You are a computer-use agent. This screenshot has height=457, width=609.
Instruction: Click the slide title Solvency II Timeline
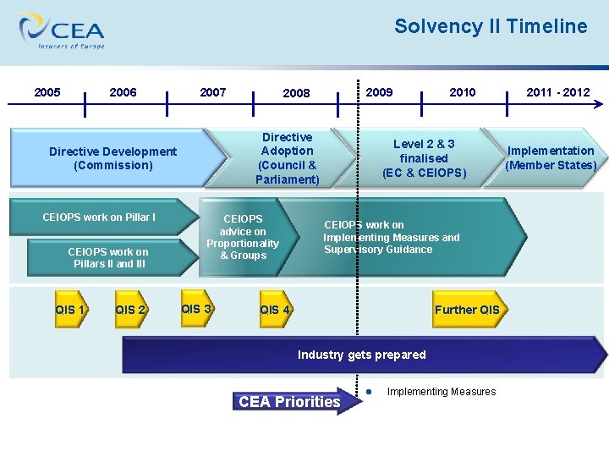tap(491, 26)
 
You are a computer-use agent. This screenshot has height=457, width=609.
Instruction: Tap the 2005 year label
tap(47, 92)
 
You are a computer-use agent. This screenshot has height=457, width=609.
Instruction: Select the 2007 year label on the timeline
tap(213, 92)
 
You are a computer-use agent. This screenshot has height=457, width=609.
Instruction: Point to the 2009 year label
tap(379, 92)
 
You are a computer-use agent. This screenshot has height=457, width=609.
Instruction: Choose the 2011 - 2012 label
tap(558, 92)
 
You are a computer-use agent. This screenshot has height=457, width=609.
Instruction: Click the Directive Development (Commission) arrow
tap(113, 158)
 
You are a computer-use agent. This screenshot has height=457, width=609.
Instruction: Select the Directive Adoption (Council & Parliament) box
tap(288, 158)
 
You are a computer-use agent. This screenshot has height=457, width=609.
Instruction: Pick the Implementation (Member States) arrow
tap(551, 157)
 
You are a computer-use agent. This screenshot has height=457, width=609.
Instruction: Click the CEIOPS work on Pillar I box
tap(100, 217)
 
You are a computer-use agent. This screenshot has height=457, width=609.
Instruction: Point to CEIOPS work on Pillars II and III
tap(108, 258)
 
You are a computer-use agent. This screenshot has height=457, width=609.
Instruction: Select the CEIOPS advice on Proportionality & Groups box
tap(244, 237)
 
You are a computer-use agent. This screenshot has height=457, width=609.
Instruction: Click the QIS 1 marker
tap(70, 310)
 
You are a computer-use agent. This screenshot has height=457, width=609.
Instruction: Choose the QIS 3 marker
tap(196, 309)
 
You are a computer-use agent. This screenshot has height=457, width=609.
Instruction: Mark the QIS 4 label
tap(276, 310)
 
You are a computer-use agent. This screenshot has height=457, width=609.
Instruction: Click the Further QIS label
tap(467, 310)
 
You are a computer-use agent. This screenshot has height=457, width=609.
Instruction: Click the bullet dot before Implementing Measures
tap(370, 391)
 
